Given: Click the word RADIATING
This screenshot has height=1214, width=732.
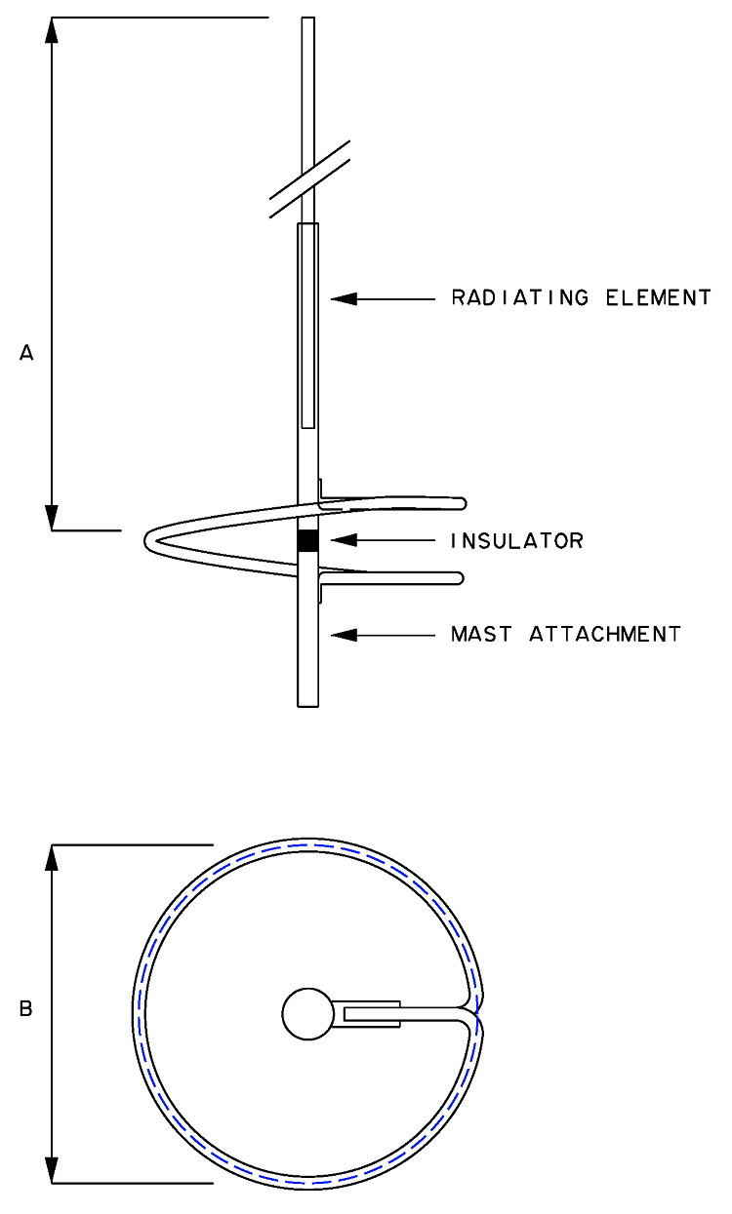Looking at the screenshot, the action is pos(520,297).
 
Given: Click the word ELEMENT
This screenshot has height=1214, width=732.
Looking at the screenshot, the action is pos(658,297).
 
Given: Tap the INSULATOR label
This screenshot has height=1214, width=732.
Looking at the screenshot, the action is pos(517,540).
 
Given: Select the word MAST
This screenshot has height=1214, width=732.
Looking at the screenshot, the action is pos(481,634).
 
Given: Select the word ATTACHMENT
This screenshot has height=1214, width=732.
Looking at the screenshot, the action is pos(605,634).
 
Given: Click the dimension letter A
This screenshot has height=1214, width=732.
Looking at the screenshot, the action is pos(26,353).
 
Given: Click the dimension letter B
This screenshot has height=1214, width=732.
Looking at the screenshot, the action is pos(26,1008).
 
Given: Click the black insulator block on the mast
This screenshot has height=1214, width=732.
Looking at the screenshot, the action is pos(307,540).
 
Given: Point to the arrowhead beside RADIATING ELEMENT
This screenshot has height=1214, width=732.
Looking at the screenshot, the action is pos(344,298).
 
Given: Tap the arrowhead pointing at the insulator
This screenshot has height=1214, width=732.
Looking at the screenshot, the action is pos(344,540).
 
